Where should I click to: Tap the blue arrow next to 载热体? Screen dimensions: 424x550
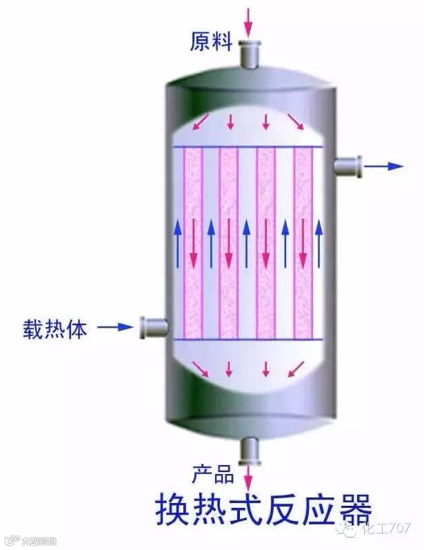(114, 326)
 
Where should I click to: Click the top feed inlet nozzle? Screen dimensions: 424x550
(248, 53)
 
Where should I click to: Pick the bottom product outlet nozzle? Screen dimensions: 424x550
(248, 451)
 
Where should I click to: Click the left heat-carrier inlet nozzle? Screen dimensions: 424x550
(152, 326)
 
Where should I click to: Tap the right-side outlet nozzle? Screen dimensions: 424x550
(348, 166)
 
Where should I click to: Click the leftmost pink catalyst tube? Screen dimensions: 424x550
(193, 243)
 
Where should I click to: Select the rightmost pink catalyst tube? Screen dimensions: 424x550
(303, 243)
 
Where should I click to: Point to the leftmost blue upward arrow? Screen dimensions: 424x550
(177, 243)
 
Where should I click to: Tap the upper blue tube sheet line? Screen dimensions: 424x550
(248, 147)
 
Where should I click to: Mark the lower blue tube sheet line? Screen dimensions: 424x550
(248, 340)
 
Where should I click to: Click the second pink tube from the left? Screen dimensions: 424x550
(229, 243)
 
